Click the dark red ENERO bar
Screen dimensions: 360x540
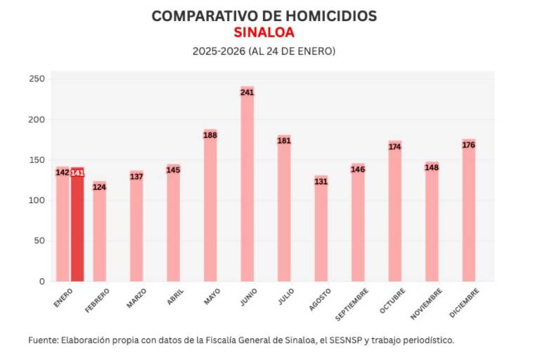(x=77, y=225)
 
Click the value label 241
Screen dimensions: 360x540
(x=247, y=92)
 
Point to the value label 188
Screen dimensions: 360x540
(x=210, y=135)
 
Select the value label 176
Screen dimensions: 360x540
(x=469, y=145)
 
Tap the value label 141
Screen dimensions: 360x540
(x=77, y=173)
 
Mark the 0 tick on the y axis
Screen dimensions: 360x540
(x=41, y=281)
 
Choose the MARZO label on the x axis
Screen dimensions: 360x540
(x=136, y=298)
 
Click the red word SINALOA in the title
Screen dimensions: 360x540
(x=264, y=32)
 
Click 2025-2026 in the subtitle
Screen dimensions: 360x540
(x=218, y=51)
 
